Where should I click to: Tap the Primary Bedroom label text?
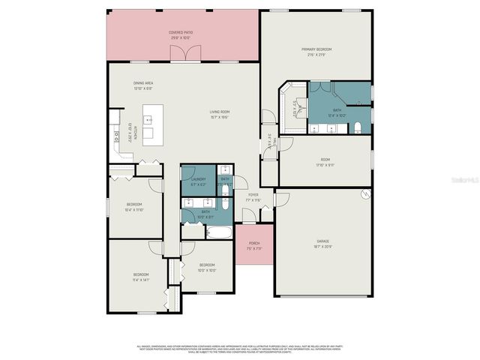316,51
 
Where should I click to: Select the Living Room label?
219,115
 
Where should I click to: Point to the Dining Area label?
143,85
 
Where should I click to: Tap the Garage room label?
322,243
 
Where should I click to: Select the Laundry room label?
198,181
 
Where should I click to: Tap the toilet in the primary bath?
358,126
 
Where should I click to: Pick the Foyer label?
253,197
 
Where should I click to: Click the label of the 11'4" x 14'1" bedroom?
141,277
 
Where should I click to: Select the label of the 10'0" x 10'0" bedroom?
207,267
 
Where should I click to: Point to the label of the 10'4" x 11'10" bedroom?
134,206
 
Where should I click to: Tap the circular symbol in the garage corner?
365,195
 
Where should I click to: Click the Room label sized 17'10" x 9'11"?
325,161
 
